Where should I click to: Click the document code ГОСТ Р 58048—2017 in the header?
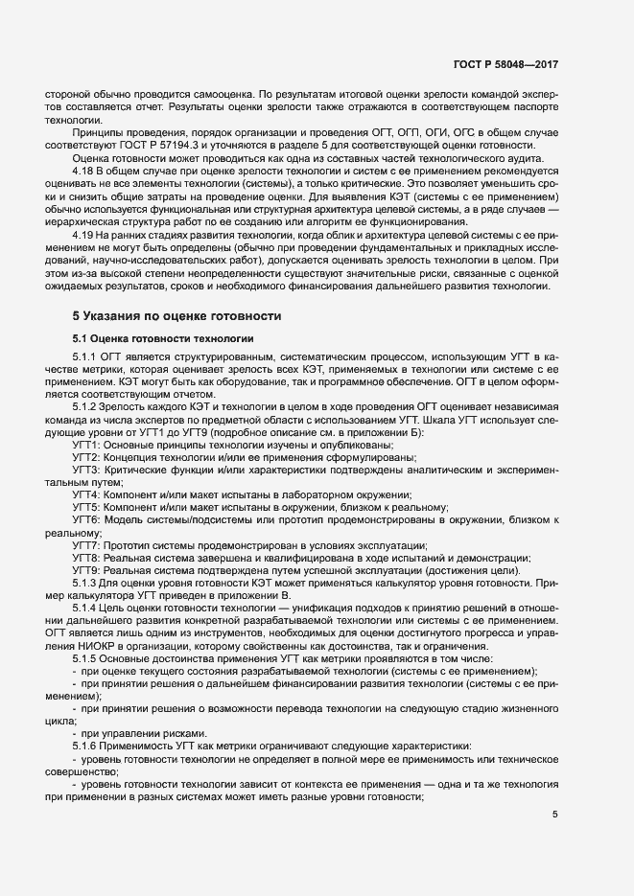pyautogui.click(x=505, y=65)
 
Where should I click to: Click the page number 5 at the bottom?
pyautogui.click(x=555, y=815)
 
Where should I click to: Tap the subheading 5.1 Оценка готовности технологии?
pyautogui.click(x=163, y=338)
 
